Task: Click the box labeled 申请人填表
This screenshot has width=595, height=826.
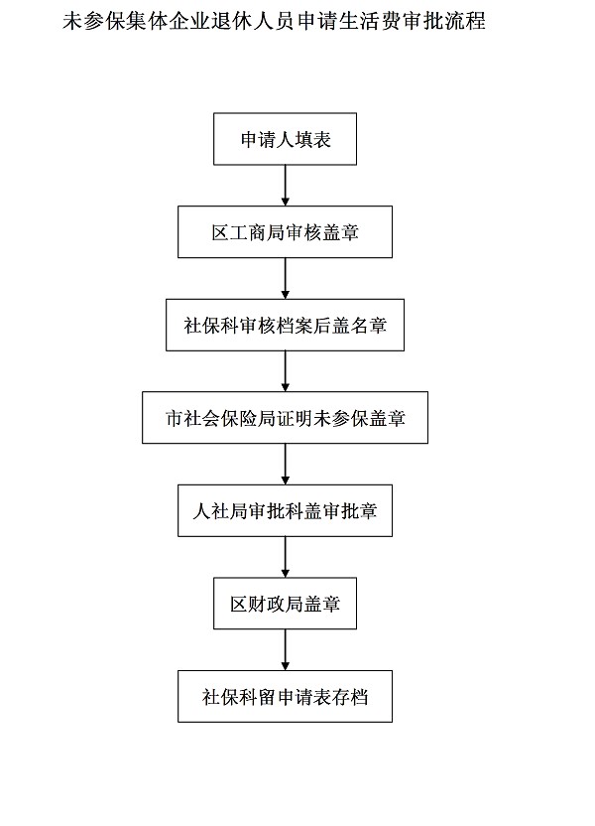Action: (x=285, y=140)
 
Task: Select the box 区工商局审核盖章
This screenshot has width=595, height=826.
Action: (x=285, y=232)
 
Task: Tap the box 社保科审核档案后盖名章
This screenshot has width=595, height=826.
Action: (x=285, y=325)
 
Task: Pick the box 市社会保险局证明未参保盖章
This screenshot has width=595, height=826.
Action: (x=285, y=418)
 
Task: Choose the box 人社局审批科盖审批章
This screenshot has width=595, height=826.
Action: (x=285, y=511)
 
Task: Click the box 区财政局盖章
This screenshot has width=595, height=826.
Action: (x=285, y=603)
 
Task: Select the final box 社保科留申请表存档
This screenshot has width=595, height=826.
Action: (x=285, y=695)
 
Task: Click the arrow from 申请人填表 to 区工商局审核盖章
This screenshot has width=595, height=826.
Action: (x=285, y=186)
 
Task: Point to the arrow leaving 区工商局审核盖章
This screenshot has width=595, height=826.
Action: (x=285, y=278)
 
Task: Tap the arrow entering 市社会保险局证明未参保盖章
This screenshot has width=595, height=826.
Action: (x=285, y=371)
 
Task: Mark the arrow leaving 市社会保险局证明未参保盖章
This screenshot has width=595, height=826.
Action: (x=285, y=465)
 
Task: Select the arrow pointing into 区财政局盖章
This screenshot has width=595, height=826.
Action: (x=285, y=557)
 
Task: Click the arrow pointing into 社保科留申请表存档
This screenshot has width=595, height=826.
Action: (x=285, y=649)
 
